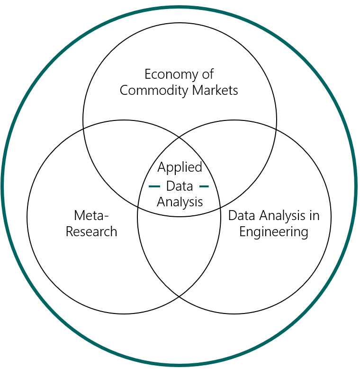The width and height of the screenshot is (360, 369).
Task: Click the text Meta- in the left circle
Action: click(91, 215)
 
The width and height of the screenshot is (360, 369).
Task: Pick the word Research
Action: click(91, 231)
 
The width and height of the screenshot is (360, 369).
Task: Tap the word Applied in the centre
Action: click(180, 167)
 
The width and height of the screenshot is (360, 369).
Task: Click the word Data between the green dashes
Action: click(180, 186)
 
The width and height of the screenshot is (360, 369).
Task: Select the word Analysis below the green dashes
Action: click(180, 202)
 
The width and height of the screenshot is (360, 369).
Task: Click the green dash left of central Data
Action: click(154, 186)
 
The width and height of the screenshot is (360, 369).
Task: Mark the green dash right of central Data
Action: click(204, 186)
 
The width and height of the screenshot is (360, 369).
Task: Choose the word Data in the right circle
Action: click(240, 215)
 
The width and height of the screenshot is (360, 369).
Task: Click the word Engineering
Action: click(274, 231)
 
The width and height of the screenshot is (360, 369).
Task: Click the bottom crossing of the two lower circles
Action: click(179, 296)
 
